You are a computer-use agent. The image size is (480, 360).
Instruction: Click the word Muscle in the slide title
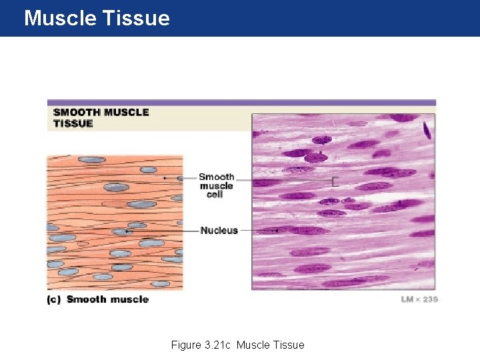click(x=60, y=18)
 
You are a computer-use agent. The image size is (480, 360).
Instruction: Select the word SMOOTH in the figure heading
click(x=77, y=113)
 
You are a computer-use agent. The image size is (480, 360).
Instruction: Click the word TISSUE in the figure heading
click(x=73, y=123)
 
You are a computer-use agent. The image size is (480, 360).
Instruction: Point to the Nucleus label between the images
click(x=219, y=231)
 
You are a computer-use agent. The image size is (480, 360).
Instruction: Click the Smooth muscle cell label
click(x=216, y=185)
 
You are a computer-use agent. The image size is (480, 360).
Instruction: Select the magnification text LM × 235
click(x=419, y=299)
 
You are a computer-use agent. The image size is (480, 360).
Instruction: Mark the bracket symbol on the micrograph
click(x=335, y=181)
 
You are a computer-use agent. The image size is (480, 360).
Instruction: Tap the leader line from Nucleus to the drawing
click(x=163, y=231)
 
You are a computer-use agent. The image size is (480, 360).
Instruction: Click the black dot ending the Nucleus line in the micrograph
click(x=277, y=231)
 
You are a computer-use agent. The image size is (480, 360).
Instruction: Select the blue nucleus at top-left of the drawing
click(x=91, y=160)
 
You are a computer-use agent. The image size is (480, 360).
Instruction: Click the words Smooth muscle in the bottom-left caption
click(x=107, y=299)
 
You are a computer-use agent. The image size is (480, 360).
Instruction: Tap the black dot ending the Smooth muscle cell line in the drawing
click(x=165, y=178)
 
